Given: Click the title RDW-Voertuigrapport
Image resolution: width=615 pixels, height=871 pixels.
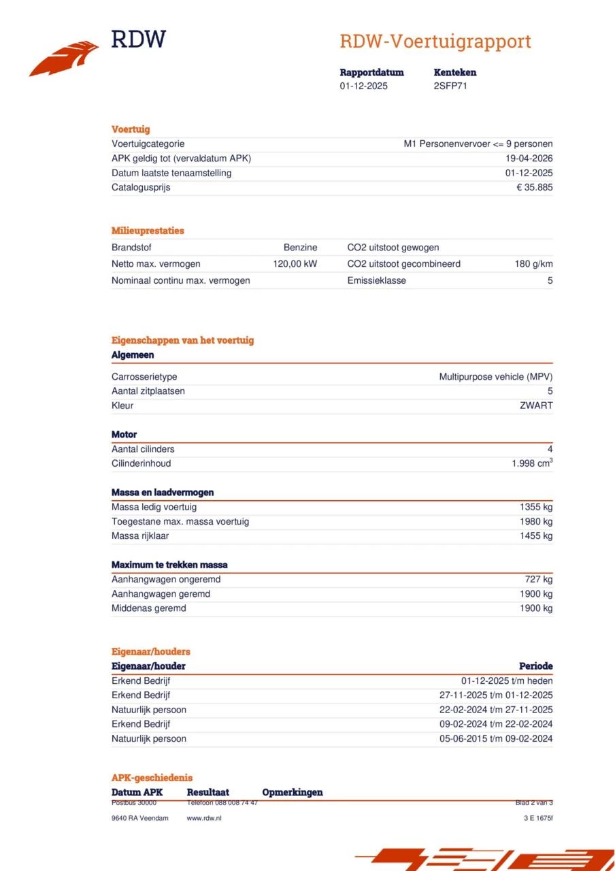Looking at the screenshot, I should [x=435, y=42].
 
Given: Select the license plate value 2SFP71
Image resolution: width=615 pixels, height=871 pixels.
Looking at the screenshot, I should [x=450, y=86].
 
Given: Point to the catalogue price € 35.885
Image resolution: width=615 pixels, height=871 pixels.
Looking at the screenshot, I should [x=535, y=187].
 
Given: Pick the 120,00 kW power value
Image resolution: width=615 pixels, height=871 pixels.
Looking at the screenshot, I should [x=295, y=263].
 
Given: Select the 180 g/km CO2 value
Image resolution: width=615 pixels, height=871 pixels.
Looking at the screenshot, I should [x=533, y=263].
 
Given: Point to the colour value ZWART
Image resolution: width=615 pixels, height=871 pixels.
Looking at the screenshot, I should [x=536, y=406].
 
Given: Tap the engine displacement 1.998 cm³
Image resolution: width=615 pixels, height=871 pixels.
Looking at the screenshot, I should [x=532, y=463].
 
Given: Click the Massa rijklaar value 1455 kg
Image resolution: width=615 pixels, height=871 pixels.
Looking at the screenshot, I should [x=536, y=536].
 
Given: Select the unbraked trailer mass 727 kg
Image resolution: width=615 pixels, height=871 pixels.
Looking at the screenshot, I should [x=538, y=579].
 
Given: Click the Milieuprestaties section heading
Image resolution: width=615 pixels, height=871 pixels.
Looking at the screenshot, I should [x=148, y=231].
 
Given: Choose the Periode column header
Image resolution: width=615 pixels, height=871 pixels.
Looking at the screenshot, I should [x=535, y=666].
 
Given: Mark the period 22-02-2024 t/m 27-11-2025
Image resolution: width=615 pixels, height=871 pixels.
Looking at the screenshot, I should [x=496, y=710].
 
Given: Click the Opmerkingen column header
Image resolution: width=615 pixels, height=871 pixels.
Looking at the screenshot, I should [x=293, y=792].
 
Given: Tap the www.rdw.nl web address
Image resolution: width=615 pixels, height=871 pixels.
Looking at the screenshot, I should [x=204, y=818].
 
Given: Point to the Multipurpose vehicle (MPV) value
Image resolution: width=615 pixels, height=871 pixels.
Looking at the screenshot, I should [x=496, y=376].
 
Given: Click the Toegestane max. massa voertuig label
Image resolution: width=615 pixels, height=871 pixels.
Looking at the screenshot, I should [x=180, y=521].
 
